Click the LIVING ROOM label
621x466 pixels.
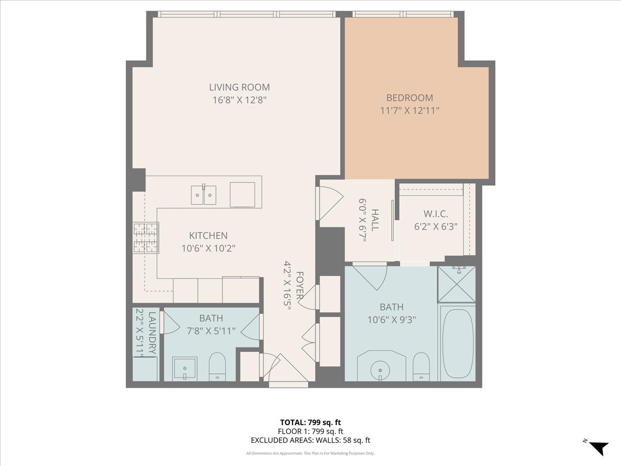(239, 88)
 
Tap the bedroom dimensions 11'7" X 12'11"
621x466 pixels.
(409, 110)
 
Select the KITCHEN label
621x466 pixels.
(208, 236)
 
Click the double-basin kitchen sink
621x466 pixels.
(203, 194)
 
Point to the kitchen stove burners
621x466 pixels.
(146, 238)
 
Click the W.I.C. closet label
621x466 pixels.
(435, 214)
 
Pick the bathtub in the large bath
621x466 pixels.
(458, 343)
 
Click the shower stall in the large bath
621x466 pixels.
(456, 284)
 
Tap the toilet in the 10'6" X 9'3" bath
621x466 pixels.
(422, 367)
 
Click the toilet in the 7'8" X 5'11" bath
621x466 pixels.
(217, 367)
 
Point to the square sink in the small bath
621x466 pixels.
(184, 368)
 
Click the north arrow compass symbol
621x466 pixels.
(598, 447)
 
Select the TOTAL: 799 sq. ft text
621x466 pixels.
(310, 422)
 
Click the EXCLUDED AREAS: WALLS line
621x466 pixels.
(310, 441)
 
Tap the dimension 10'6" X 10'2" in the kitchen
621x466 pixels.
(208, 248)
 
